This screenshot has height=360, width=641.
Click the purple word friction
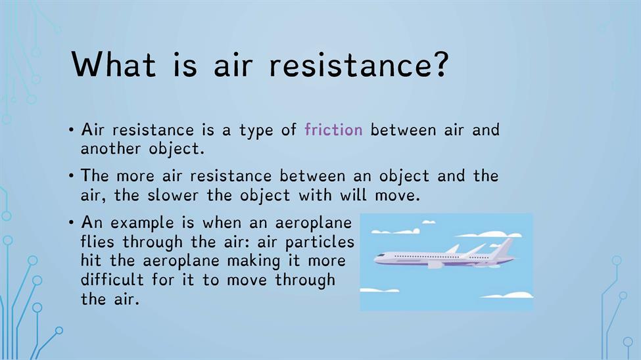pyautogui.click(x=333, y=129)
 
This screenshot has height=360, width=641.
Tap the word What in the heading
pyautogui.click(x=114, y=64)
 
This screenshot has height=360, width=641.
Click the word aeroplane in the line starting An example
pyautogui.click(x=313, y=223)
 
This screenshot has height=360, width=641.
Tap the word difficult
pyautogui.click(x=112, y=280)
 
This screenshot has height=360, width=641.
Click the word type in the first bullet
pyautogui.click(x=256, y=131)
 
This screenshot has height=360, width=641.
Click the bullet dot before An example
pyautogui.click(x=71, y=222)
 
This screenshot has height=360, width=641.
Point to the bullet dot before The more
pyautogui.click(x=71, y=175)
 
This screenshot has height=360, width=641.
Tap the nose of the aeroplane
pyautogui.click(x=376, y=258)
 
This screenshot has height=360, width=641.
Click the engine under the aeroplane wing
pyautogui.click(x=435, y=265)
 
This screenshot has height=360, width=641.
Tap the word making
pyautogui.click(x=254, y=261)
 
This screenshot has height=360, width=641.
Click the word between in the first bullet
pyautogui.click(x=397, y=129)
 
